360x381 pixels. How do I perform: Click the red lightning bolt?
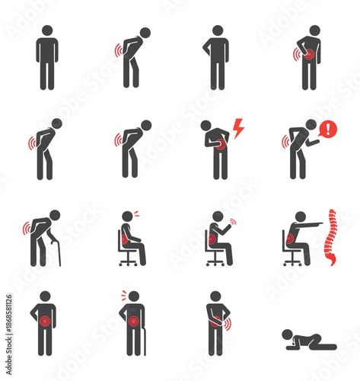pos(237,129)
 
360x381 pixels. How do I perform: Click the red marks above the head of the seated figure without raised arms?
pos(136,213)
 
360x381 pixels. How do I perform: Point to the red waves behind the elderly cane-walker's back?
pos(27,228)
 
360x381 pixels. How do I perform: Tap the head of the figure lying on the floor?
pos(287,334)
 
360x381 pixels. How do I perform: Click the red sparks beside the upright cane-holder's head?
pos(123,294)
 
